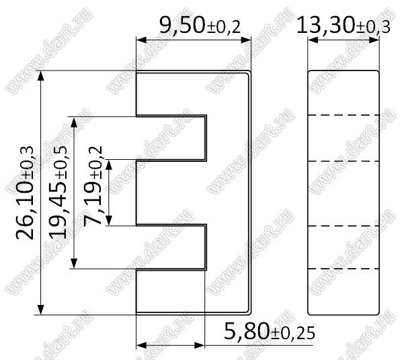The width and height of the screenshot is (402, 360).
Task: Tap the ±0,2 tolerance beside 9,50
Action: [x=223, y=28]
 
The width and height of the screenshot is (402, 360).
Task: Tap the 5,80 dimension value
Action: [x=247, y=331]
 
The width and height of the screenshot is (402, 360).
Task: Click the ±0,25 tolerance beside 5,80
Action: [x=292, y=334]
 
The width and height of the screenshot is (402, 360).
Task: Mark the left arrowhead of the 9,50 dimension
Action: [x=141, y=40]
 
